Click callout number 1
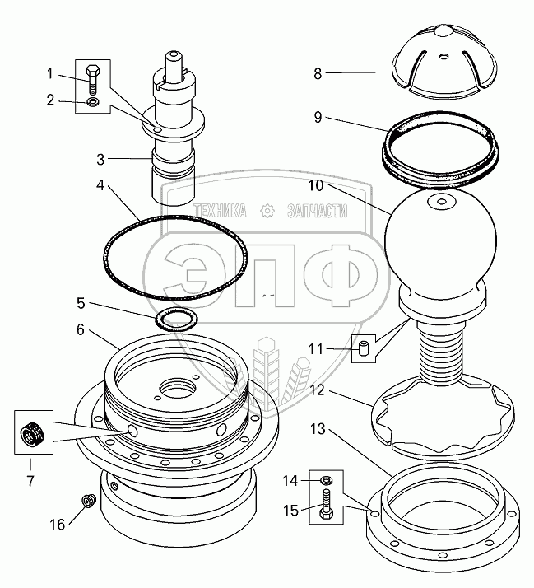(49, 74)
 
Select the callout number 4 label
(100, 185)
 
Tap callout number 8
(318, 73)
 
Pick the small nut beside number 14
(327, 479)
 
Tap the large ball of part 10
(439, 235)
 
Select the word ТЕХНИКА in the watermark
(222, 211)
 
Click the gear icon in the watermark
(267, 211)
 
